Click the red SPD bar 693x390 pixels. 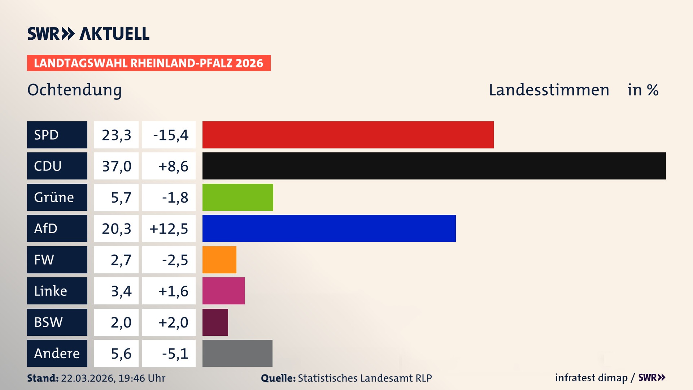(348, 135)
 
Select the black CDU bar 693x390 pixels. (434, 166)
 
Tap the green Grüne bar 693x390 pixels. (237, 197)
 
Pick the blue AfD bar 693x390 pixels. (329, 228)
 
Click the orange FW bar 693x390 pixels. (219, 260)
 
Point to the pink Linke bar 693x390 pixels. (223, 291)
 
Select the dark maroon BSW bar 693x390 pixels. (215, 322)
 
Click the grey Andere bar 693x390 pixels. (237, 353)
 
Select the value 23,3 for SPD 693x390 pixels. (116, 135)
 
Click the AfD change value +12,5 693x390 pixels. (169, 228)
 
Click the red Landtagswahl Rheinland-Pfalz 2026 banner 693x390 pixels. (149, 63)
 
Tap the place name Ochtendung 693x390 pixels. (74, 90)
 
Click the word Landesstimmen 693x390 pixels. (549, 90)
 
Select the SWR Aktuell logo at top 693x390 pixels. (88, 34)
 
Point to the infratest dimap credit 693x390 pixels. (591, 378)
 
